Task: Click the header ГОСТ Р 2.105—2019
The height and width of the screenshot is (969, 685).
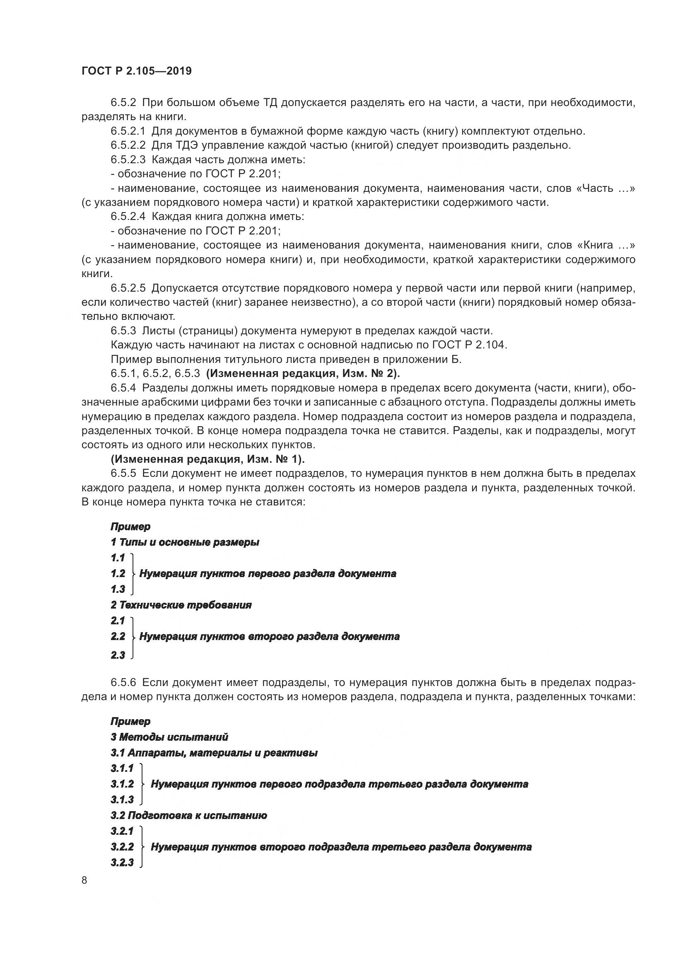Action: tap(136, 71)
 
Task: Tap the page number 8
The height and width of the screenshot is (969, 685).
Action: tap(84, 880)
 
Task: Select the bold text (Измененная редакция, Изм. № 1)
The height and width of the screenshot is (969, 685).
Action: tap(207, 459)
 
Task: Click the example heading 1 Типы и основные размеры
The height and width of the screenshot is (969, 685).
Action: tap(185, 542)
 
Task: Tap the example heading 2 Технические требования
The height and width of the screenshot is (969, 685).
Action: tap(181, 605)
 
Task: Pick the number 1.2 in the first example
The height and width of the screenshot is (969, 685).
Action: tap(118, 573)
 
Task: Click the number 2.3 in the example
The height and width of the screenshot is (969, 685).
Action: tap(118, 655)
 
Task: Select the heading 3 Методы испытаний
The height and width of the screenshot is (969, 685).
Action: tap(169, 737)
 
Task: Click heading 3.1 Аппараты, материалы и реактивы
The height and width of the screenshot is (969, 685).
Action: tap(214, 753)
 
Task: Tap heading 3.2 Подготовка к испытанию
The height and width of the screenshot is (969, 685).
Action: tap(188, 815)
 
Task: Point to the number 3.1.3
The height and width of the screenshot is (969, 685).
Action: tap(122, 799)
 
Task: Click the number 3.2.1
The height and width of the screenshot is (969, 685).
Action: tap(122, 831)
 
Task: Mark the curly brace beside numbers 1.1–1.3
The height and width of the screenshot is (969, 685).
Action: tap(133, 573)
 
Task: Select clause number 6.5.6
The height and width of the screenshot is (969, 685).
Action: tap(123, 682)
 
